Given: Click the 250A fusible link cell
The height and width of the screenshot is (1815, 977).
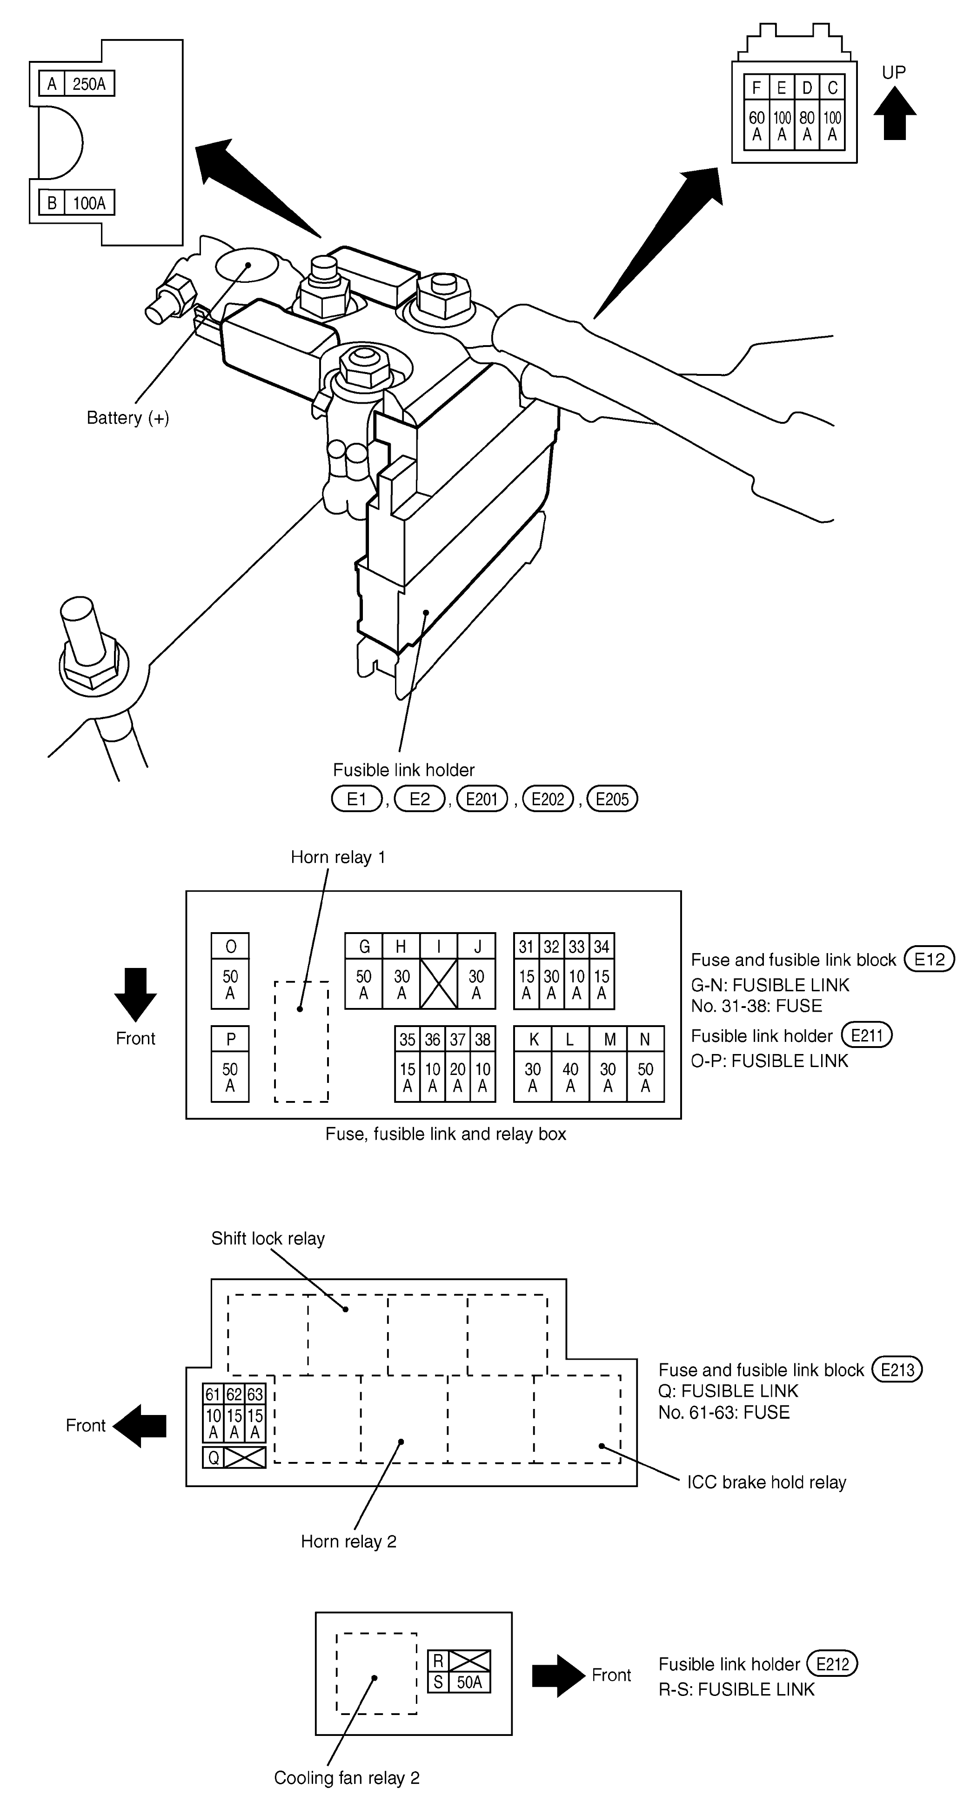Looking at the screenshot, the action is [x=89, y=84].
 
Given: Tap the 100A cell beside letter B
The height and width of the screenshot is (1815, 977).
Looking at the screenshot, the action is [x=89, y=203].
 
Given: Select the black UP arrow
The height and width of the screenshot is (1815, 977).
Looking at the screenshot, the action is [x=895, y=113].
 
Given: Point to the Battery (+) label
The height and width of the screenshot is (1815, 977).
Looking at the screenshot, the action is [x=127, y=418].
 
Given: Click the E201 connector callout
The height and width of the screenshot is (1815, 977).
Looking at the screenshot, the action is [x=482, y=799].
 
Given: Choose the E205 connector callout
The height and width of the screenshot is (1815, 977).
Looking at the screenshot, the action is [x=612, y=799].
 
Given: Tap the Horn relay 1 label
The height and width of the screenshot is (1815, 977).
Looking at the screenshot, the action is [x=338, y=857].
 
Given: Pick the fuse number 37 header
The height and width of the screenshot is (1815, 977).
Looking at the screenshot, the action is [x=457, y=1039].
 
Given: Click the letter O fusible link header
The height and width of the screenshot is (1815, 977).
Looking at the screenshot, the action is [x=230, y=946].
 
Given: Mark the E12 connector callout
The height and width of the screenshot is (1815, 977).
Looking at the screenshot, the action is [x=929, y=959].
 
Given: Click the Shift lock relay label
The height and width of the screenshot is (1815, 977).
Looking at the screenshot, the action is [x=268, y=1239].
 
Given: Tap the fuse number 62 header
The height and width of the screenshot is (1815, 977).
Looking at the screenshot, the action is [x=234, y=1395].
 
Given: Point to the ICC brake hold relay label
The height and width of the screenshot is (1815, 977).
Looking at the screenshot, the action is [x=767, y=1482].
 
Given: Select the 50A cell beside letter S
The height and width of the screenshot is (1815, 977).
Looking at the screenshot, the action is [x=469, y=1682].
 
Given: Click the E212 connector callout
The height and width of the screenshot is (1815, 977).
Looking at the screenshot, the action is [x=832, y=1664].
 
